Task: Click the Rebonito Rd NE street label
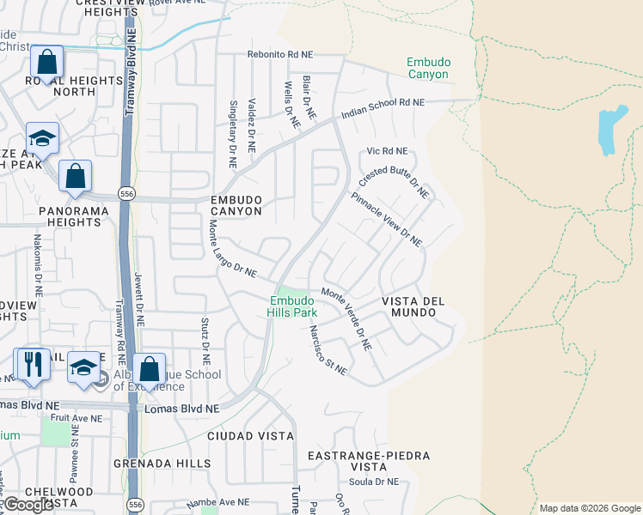pos(280,54)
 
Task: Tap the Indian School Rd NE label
pos(383,108)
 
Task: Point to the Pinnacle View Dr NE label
pos(387,219)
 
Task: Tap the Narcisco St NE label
pos(328,353)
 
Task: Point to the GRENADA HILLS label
pos(162,463)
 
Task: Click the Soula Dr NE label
pos(372,482)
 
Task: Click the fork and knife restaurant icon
pos(33,364)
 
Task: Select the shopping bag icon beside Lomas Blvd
pos(149,369)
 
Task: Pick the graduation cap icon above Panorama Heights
pos(41,137)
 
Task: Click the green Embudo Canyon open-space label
pos(427,68)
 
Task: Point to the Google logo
pos(28,505)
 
